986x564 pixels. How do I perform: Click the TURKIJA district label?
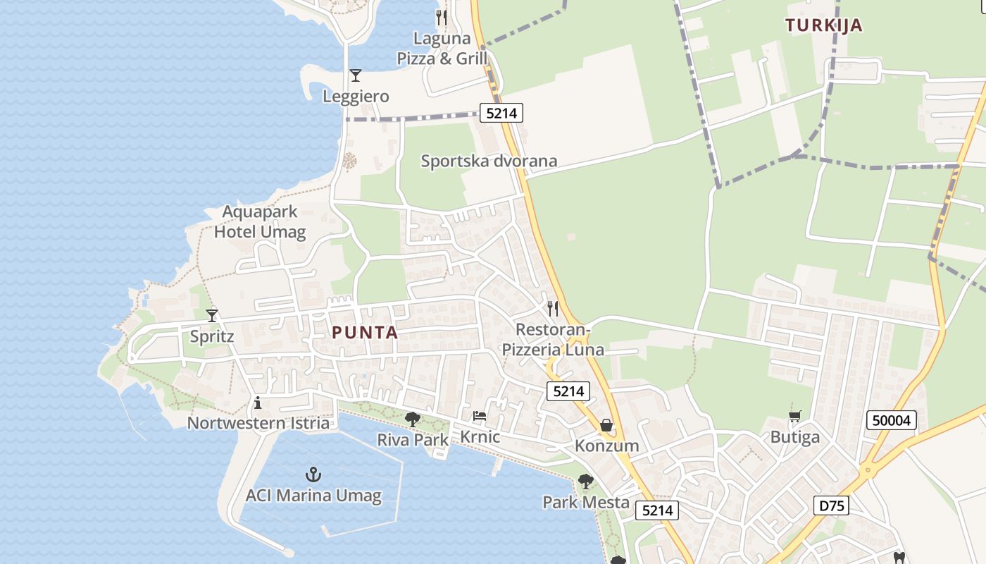(823, 25)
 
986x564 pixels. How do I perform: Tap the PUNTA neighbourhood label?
(365, 333)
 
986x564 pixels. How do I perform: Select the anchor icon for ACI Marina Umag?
(313, 474)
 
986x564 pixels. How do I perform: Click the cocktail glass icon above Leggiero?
(356, 75)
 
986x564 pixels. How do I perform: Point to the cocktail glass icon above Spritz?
(212, 315)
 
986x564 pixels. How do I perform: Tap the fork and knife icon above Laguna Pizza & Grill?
(442, 17)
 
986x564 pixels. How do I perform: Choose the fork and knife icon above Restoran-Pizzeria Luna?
(553, 309)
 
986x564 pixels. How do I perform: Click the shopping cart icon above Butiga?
(795, 417)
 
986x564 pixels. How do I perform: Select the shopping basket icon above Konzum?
(606, 425)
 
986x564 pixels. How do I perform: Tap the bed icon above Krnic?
(480, 416)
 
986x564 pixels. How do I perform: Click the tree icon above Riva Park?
(413, 419)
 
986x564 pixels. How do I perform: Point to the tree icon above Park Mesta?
(585, 482)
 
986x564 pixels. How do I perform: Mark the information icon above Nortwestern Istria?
(258, 403)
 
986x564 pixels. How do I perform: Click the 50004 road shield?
(892, 421)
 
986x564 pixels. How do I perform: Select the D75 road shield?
(831, 505)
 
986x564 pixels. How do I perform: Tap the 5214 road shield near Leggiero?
(501, 112)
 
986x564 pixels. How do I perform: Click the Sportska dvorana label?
(489, 161)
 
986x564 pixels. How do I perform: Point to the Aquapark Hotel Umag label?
(260, 221)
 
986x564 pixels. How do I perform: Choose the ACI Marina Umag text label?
(313, 496)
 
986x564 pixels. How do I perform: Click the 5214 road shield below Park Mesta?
(656, 510)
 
